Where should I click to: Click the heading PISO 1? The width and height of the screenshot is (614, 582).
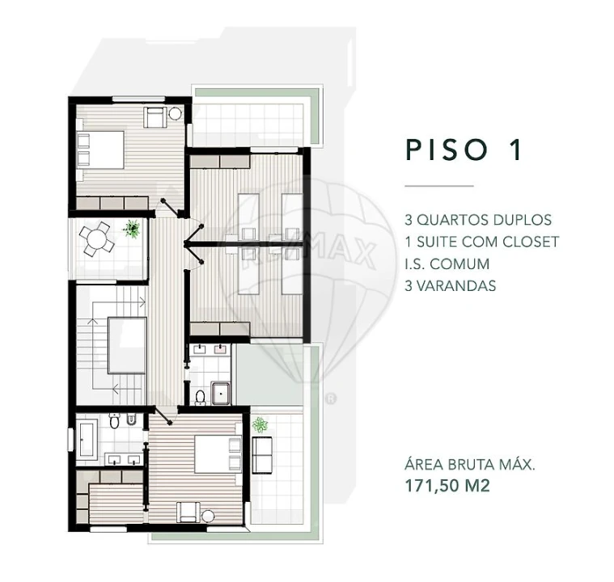click(x=464, y=150)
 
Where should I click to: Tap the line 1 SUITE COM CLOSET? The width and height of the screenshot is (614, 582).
click(x=482, y=242)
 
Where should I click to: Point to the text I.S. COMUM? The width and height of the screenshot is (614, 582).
click(x=447, y=264)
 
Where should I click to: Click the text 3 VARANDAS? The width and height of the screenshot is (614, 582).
click(x=450, y=285)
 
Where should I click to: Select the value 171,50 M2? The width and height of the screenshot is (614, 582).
click(x=447, y=486)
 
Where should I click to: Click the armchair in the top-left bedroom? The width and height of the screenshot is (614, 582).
click(x=155, y=117)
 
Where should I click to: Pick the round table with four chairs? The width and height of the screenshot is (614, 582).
click(x=97, y=240)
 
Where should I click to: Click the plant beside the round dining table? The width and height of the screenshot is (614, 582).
click(x=130, y=230)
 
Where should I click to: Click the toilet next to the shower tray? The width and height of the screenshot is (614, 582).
click(x=200, y=397)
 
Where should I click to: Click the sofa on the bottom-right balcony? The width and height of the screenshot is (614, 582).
click(x=262, y=454)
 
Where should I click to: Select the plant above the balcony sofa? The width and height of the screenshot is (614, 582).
click(x=260, y=424)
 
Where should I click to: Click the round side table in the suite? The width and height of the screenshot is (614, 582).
click(x=208, y=516)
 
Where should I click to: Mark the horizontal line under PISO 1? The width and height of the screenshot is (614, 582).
click(x=438, y=187)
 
